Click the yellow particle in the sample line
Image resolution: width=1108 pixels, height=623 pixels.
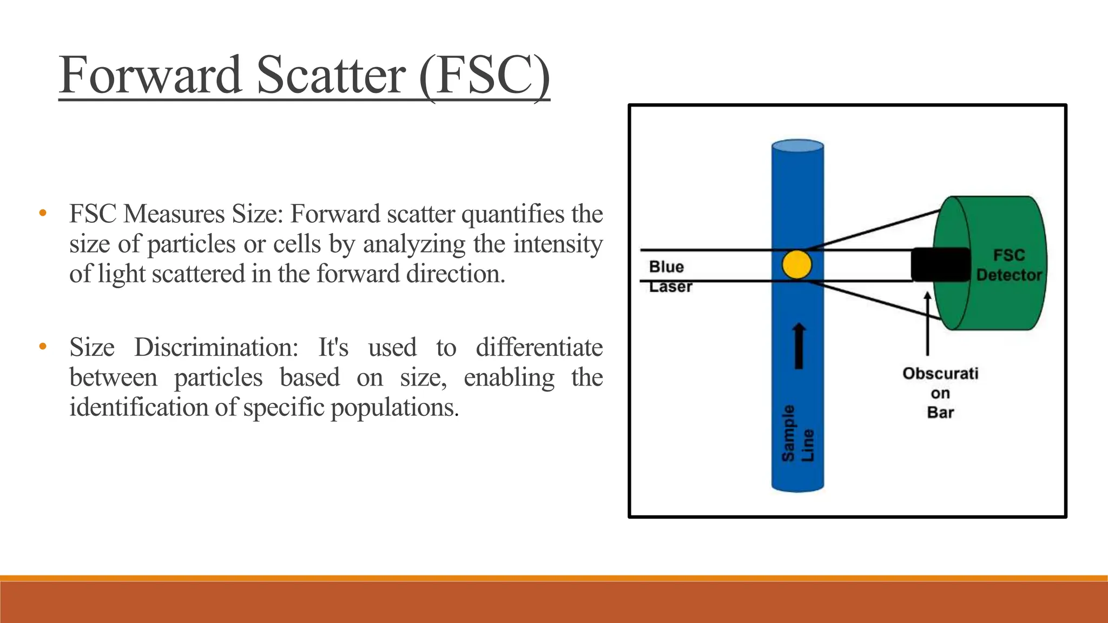[x=797, y=264]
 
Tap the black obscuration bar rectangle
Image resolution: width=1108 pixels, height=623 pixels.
[x=940, y=264]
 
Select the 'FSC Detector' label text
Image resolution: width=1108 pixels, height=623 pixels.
[x=1009, y=265]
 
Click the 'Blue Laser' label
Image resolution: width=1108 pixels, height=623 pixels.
[x=668, y=276]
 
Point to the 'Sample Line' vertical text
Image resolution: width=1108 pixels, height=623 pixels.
[x=797, y=433]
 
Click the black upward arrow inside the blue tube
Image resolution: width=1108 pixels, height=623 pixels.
[x=799, y=346]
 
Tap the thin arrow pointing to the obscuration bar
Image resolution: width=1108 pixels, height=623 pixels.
[x=927, y=324]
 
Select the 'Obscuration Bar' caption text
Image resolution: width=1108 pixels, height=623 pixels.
[x=940, y=393]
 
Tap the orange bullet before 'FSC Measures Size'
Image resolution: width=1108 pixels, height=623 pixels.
[x=43, y=213]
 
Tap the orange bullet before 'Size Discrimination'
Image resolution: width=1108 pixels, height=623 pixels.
[x=43, y=346]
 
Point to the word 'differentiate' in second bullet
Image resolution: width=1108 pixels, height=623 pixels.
[x=539, y=347]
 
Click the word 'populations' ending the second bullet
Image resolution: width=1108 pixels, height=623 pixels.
[x=394, y=407]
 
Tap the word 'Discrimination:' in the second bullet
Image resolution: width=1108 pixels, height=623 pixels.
[x=216, y=347]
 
